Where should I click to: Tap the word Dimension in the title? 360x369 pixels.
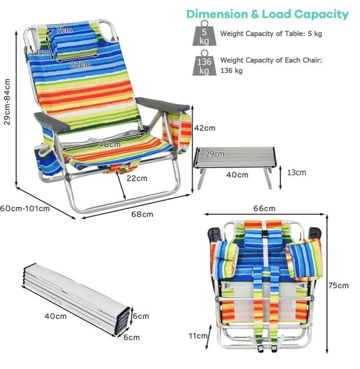coord(217,14)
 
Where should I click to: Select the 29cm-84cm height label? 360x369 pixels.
coord(7,102)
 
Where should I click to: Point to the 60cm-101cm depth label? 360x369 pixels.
coord(25,208)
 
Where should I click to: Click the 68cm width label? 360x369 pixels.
coord(142,214)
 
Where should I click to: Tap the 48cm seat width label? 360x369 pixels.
coord(110,144)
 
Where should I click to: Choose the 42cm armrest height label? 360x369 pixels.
coord(204,128)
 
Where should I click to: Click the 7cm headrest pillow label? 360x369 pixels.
coord(64,30)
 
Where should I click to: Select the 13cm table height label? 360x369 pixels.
coord(296,172)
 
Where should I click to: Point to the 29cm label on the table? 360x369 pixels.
coord(214,154)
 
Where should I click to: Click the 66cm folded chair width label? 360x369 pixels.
coord(265,208)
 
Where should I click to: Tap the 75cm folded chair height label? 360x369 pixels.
coord(339,285)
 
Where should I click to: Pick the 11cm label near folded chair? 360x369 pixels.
coord(198,336)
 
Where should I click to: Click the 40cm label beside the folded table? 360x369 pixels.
coord(55,316)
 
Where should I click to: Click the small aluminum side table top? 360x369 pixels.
coord(235,157)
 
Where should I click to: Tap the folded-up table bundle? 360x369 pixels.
coord(77,299)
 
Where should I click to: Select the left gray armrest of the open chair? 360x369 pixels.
coord(52,122)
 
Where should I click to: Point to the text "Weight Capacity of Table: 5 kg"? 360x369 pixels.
coord(271,34)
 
